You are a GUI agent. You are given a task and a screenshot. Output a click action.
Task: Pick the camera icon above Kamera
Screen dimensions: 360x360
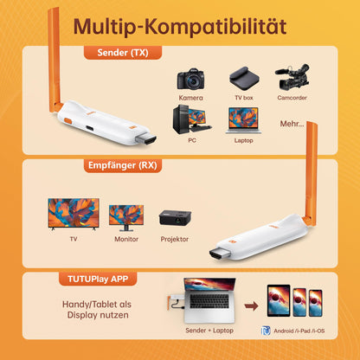(x=191, y=80)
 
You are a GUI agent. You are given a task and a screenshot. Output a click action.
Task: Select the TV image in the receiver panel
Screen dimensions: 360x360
(x=73, y=214)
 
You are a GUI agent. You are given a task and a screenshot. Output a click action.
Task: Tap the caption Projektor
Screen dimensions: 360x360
(x=175, y=239)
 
